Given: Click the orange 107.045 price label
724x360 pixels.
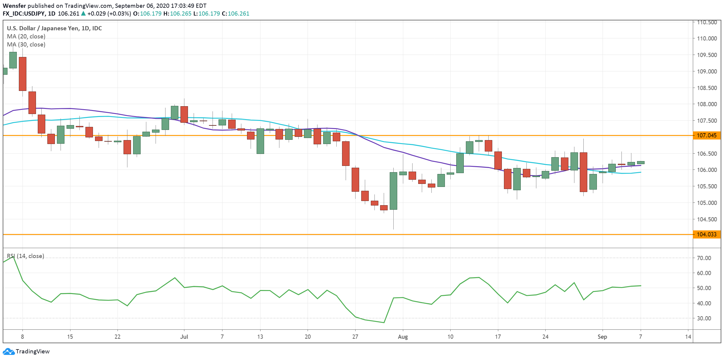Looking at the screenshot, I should (x=706, y=135).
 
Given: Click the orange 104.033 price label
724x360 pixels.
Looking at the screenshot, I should (x=706, y=234).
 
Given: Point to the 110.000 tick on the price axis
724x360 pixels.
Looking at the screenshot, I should (x=706, y=38).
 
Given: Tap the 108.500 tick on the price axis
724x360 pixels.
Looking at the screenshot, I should (x=706, y=88).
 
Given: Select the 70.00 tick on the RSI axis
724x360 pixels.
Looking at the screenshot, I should (x=704, y=258).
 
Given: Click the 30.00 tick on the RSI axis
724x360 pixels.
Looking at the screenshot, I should (x=704, y=318).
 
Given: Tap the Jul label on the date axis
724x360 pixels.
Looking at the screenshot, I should (x=184, y=337).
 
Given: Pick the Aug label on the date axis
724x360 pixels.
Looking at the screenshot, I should (x=403, y=337).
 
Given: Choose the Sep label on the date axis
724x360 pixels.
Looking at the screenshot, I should (x=602, y=337).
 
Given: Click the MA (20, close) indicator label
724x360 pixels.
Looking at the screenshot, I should (x=26, y=36).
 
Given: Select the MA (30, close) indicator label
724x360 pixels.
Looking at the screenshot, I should (x=26, y=44).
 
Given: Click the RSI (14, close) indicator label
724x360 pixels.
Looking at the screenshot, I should (x=25, y=256).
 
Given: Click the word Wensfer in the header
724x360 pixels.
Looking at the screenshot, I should (x=14, y=6).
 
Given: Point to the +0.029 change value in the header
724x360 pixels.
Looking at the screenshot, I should (x=96, y=13).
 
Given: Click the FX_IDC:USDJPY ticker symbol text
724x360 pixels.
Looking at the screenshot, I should (x=24, y=13).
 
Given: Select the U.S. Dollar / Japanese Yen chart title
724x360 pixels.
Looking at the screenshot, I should (x=54, y=28).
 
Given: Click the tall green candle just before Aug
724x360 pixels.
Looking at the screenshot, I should (x=393, y=191).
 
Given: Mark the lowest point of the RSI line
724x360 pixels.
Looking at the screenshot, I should (x=384, y=322).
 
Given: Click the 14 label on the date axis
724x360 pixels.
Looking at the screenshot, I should (x=688, y=337).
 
